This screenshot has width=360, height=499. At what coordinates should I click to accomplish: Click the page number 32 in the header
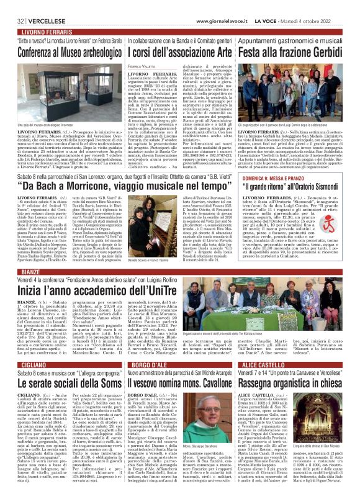(12, 6)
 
